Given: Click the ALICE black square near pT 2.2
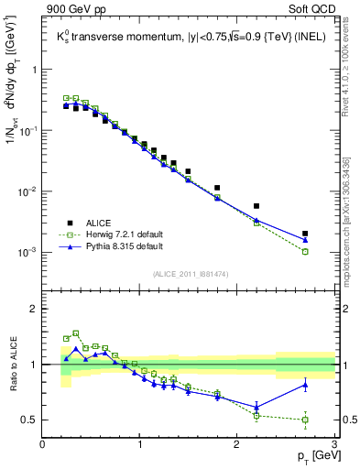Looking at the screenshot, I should pyautogui.click(x=256, y=206).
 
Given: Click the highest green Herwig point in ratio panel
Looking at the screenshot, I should pyautogui.click(x=76, y=333).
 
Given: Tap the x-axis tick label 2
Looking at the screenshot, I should pyautogui.click(x=236, y=444).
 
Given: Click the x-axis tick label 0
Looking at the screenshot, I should pyautogui.click(x=43, y=444).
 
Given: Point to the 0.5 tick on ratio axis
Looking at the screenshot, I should pyautogui.click(x=30, y=420).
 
